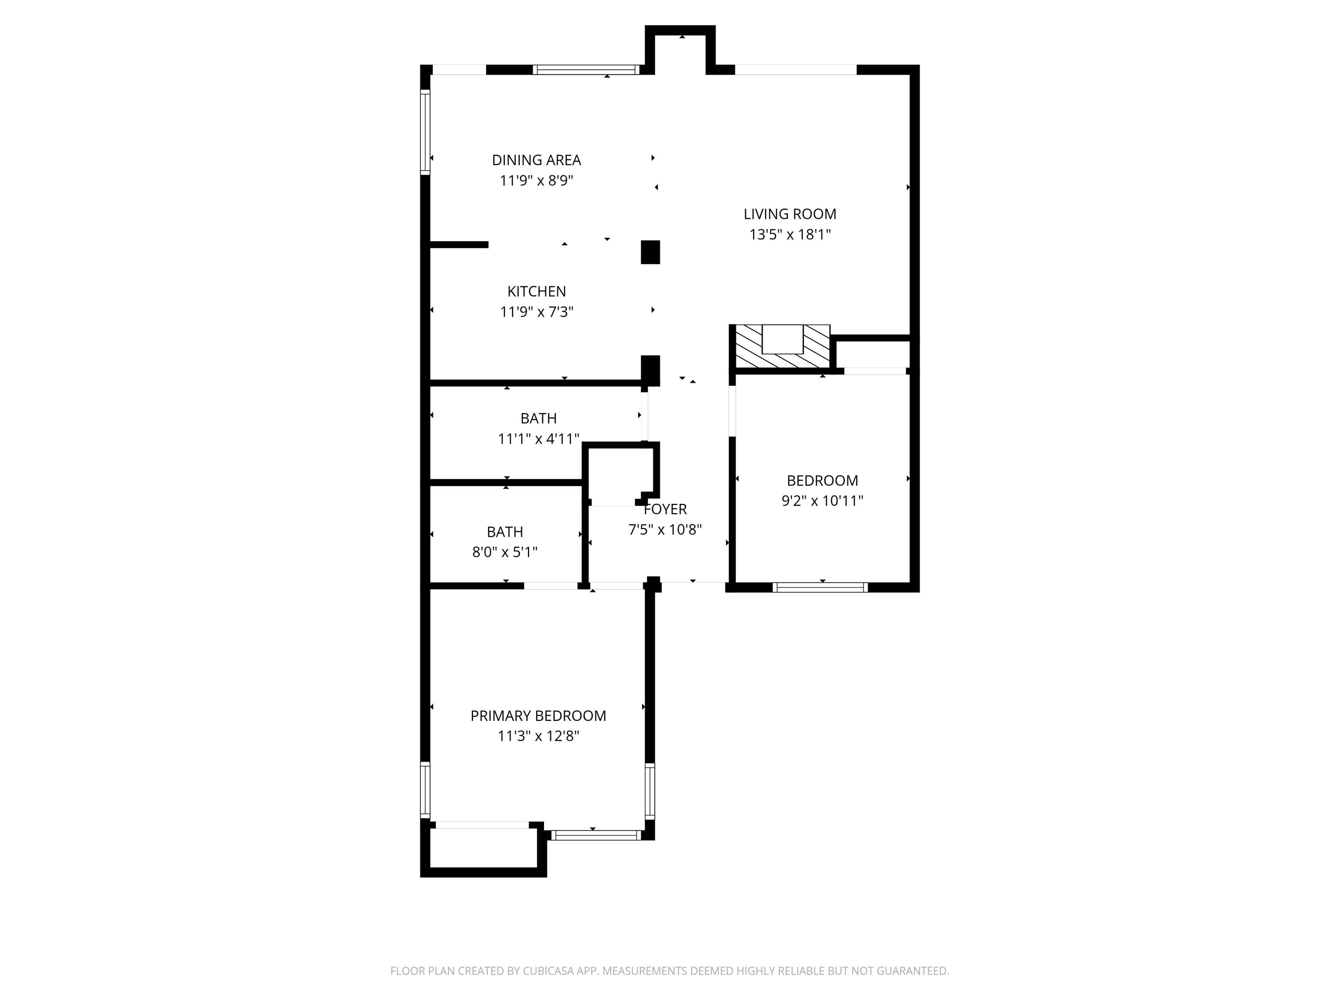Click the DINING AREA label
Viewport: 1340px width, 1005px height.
[536, 160]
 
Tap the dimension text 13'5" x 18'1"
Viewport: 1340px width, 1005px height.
[790, 234]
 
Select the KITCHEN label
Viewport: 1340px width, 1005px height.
[536, 291]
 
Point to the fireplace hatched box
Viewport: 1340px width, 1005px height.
[780, 347]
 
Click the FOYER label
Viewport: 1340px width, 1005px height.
[665, 509]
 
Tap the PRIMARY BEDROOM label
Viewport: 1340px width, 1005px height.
[538, 716]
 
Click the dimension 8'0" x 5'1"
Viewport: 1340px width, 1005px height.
[505, 553]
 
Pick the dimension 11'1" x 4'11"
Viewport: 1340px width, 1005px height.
[538, 439]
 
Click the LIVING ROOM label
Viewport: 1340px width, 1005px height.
[790, 214]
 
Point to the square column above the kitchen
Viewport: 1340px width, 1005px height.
[650, 252]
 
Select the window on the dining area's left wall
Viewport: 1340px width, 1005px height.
[425, 132]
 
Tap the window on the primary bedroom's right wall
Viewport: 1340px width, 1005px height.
[649, 791]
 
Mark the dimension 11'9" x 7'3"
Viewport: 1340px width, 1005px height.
[536, 312]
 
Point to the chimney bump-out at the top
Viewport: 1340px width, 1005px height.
[680, 50]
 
